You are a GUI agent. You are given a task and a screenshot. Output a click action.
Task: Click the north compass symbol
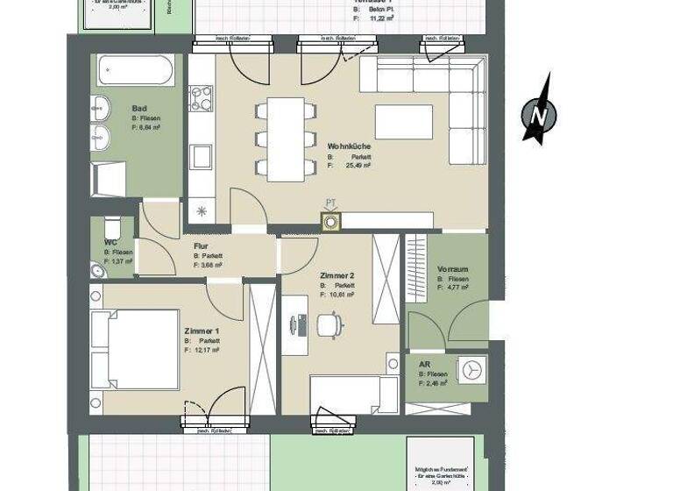click(x=537, y=111)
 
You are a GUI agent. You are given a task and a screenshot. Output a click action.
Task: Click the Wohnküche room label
click(x=347, y=146)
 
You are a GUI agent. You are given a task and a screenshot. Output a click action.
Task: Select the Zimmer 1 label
click(x=202, y=331)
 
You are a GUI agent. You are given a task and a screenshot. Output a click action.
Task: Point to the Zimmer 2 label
click(x=337, y=275)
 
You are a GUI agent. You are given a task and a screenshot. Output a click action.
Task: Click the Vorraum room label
click(x=453, y=269)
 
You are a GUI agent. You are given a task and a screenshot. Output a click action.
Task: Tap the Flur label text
click(x=201, y=246)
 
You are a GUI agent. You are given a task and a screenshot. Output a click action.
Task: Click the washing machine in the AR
click(x=473, y=369)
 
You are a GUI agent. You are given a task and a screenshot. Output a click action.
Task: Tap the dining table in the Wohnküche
click(x=285, y=139)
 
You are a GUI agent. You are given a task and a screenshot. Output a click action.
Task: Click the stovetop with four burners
click(x=201, y=97)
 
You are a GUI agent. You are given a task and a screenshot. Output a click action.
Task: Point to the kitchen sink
click(x=201, y=157)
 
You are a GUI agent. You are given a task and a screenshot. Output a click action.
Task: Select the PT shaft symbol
click(x=330, y=223)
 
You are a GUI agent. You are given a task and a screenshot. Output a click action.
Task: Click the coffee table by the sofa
click(x=403, y=122)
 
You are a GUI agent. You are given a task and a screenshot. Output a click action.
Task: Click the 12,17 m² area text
click(x=204, y=350)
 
